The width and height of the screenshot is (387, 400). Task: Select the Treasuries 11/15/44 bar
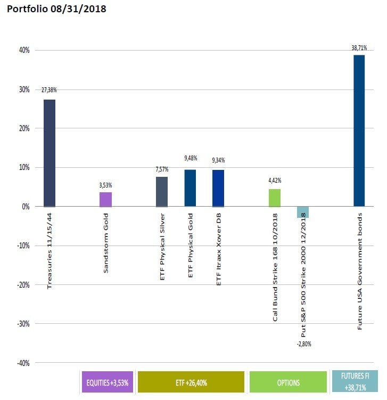(50, 153)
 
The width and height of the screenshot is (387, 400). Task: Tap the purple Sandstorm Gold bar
(106, 199)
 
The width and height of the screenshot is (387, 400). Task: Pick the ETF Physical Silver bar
(162, 191)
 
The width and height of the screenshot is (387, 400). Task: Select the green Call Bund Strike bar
(274, 198)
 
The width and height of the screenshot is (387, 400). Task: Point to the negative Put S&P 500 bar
(302, 212)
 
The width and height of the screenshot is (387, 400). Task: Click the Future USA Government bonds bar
(359, 130)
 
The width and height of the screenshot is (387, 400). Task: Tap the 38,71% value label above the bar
(359, 47)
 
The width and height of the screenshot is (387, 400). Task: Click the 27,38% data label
(50, 91)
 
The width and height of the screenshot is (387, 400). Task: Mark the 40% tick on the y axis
(25, 50)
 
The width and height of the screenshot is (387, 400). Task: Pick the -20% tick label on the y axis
(24, 284)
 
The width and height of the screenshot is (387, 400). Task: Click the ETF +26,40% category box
(191, 382)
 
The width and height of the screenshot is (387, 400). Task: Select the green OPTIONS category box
(287, 382)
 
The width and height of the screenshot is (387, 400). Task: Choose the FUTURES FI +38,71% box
(354, 382)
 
